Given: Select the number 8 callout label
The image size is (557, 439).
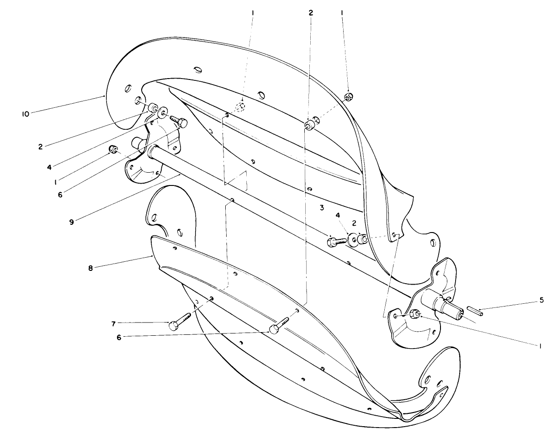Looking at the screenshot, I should tap(90, 268).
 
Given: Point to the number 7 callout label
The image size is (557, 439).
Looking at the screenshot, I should tap(113, 323).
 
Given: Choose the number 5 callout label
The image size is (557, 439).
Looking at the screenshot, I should tap(541, 300).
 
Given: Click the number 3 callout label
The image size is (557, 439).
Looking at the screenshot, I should tap(322, 208).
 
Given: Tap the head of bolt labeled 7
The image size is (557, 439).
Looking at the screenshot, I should tap(173, 325).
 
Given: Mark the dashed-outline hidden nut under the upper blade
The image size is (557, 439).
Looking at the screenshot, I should tap(241, 107).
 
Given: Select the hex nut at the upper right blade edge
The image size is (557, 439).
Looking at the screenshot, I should tap(348, 96).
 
